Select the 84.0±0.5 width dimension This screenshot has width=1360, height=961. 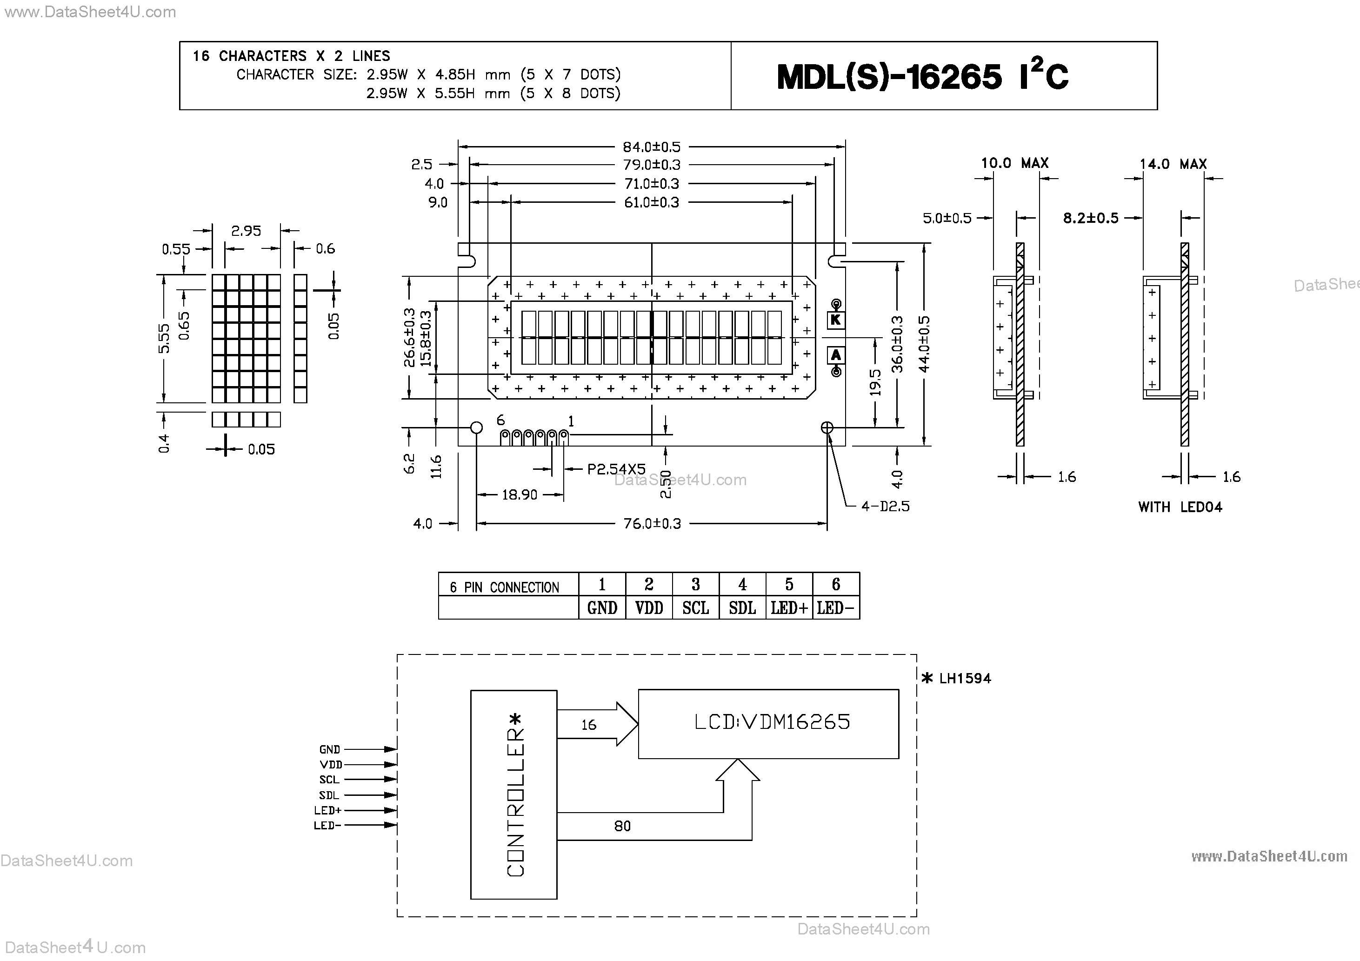pos(651,147)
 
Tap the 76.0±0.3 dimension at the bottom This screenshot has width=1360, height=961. pos(652,524)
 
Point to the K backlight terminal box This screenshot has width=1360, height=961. pos(836,320)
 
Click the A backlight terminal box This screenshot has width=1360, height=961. pos(836,355)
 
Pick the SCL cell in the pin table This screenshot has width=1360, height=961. pos(695,608)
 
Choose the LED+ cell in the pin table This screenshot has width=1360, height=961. pos(788,608)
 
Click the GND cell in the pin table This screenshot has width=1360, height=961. pos(602,608)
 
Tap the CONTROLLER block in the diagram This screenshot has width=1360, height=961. pos(513,794)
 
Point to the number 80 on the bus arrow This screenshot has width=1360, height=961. pos(622,826)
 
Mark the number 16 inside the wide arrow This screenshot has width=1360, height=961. pos(588,725)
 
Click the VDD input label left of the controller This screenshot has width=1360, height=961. pos(331,765)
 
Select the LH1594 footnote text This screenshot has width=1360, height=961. pos(964,678)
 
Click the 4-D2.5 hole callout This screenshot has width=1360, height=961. pos(885,507)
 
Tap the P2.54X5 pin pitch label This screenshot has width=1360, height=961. pos(616,469)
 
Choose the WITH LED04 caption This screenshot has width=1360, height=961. pos(1180,507)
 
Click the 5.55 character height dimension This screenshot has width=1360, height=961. pos(164,338)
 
